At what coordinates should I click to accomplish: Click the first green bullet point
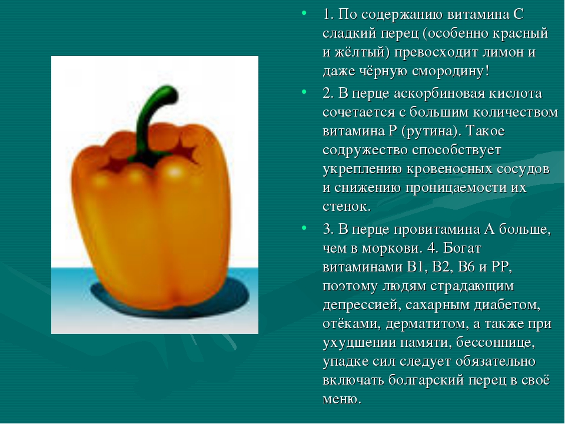coord(304,14)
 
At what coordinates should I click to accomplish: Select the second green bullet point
coord(304,92)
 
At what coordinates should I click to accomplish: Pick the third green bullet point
coord(304,228)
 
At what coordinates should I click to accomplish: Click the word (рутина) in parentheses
coord(429,131)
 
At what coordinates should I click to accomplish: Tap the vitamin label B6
coord(467,267)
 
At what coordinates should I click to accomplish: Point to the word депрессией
coord(361,305)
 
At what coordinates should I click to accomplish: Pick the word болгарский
coord(426,380)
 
